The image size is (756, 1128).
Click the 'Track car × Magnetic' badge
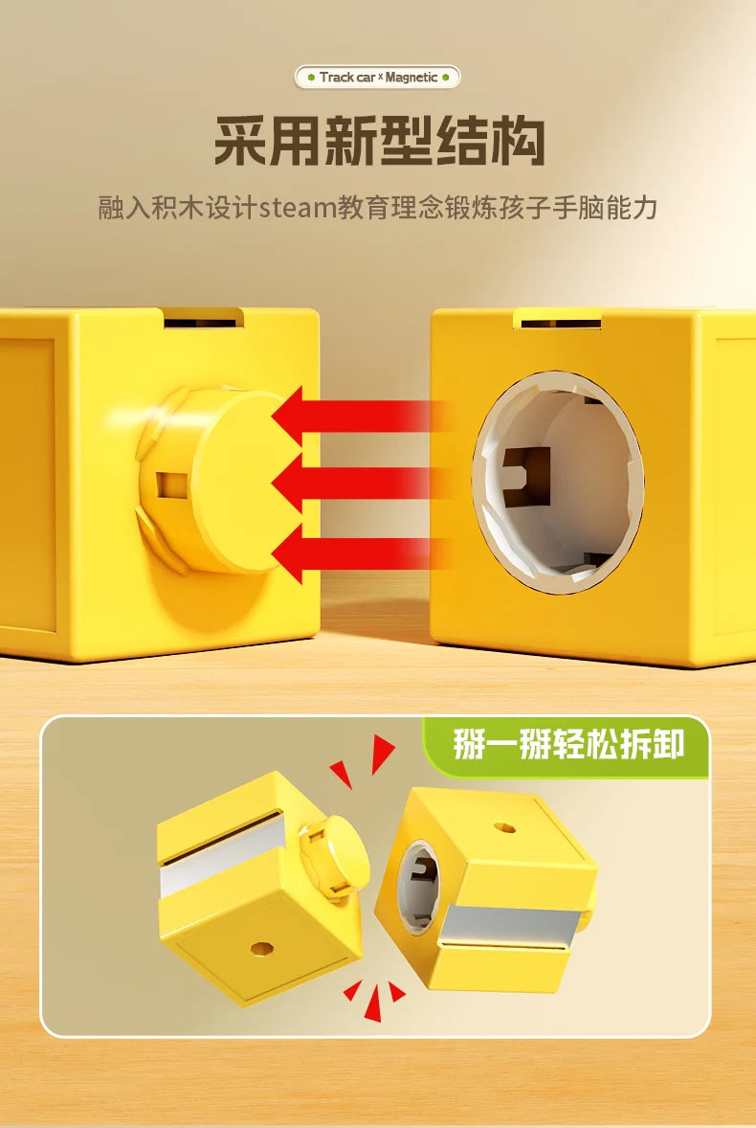point(377,77)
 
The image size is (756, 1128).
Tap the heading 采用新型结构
point(379,141)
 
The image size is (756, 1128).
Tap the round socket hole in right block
point(558,482)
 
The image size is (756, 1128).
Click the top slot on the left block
point(204,318)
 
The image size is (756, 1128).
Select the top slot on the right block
point(559,319)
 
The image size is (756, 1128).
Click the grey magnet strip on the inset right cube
point(509,926)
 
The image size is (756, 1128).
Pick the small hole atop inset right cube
point(505,827)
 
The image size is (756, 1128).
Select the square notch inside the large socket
point(526,476)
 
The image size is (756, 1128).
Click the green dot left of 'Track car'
point(310,77)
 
